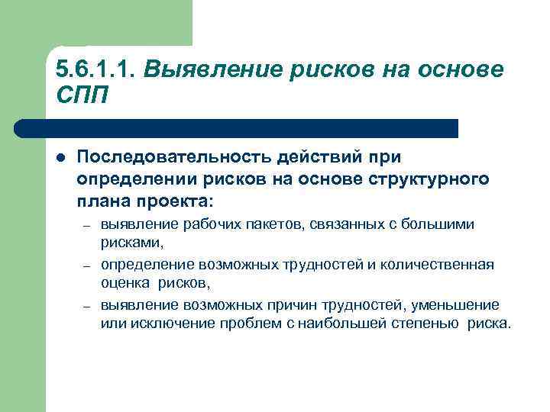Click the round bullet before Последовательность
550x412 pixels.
coord(61,157)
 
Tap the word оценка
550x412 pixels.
coord(126,283)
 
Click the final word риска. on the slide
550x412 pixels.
coord(489,323)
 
